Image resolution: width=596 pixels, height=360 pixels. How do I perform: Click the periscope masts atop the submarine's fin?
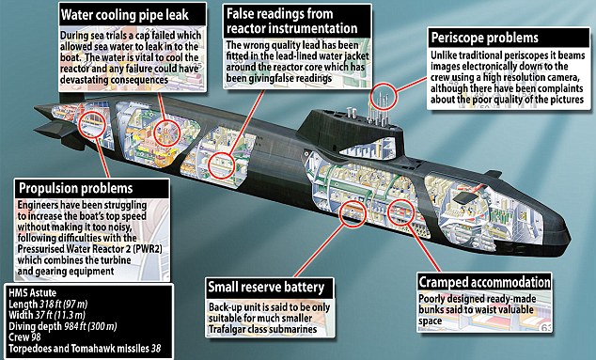pyautogui.click(x=384, y=93)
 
